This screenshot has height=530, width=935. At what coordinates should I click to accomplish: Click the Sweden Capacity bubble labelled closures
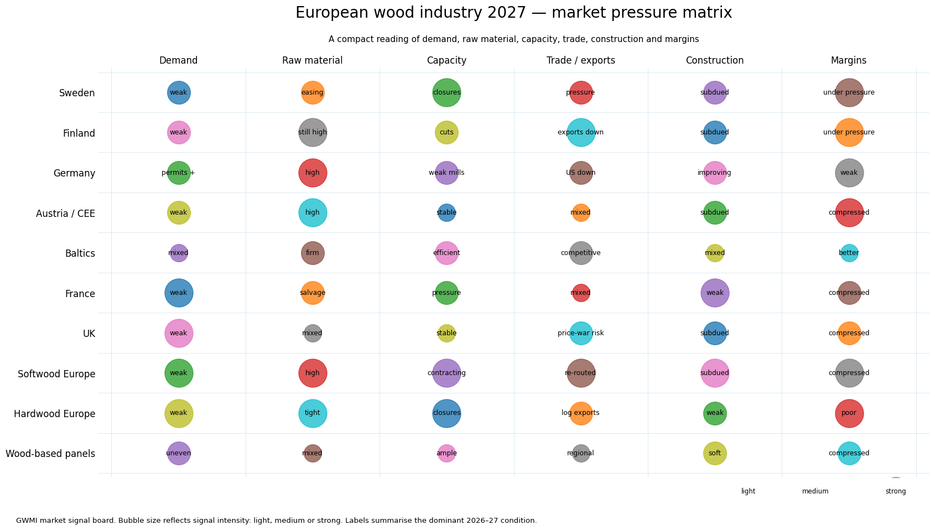(446, 92)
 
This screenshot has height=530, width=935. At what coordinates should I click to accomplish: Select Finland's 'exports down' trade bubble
(580, 133)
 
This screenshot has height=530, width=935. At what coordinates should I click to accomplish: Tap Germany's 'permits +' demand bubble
(179, 173)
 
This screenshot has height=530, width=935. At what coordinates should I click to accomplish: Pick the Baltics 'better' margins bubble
(849, 253)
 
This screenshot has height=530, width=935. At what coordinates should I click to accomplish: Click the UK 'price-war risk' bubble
(580, 334)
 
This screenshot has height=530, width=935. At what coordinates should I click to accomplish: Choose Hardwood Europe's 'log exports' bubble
(580, 414)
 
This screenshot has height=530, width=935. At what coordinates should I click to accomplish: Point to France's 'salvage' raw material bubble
(313, 293)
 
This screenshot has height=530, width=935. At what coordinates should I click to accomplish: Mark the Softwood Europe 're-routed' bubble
(580, 373)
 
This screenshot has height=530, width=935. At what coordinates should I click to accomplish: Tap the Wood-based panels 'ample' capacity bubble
(446, 454)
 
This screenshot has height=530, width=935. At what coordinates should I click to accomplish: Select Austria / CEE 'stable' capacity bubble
(446, 213)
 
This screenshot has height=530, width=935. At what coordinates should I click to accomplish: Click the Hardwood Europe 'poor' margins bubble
(849, 414)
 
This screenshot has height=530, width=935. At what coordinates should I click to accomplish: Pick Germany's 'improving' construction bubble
(715, 173)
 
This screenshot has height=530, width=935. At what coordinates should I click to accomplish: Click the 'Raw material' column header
(312, 60)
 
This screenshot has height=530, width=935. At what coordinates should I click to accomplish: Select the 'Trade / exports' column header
(580, 60)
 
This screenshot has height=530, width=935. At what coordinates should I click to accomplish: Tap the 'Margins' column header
(849, 60)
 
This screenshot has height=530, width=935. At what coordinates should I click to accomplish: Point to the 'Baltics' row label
(80, 253)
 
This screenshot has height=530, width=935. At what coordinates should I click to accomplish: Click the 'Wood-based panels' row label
(50, 454)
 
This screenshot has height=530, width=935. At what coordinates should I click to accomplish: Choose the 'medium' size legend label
(815, 491)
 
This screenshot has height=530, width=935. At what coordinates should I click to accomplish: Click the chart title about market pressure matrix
(513, 13)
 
